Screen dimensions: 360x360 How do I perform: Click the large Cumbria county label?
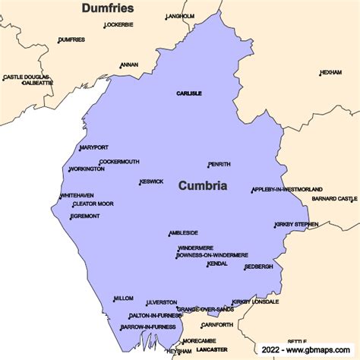tap(203, 185)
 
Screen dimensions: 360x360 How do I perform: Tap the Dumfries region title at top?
tap(108, 8)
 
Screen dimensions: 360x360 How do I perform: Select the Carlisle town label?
tap(189, 93)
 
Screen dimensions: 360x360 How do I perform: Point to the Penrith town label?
tap(220, 164)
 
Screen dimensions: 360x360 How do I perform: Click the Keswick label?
tap(152, 182)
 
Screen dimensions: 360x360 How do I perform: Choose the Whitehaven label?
tap(77, 195)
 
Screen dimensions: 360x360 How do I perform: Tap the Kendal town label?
tap(218, 264)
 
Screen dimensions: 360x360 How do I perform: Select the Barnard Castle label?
tap(335, 198)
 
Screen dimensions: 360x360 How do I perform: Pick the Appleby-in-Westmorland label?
tap(288, 189)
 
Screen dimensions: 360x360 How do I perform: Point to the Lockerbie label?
tap(119, 24)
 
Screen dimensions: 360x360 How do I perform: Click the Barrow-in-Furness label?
tap(148, 327)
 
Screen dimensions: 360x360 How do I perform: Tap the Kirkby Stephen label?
tap(297, 224)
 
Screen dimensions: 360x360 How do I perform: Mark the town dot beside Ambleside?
tap(169, 235)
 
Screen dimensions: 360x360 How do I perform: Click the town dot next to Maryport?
tap(80, 149)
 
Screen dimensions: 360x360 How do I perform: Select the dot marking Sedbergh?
tap(245, 269)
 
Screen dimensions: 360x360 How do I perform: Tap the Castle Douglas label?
tap(27, 77)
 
